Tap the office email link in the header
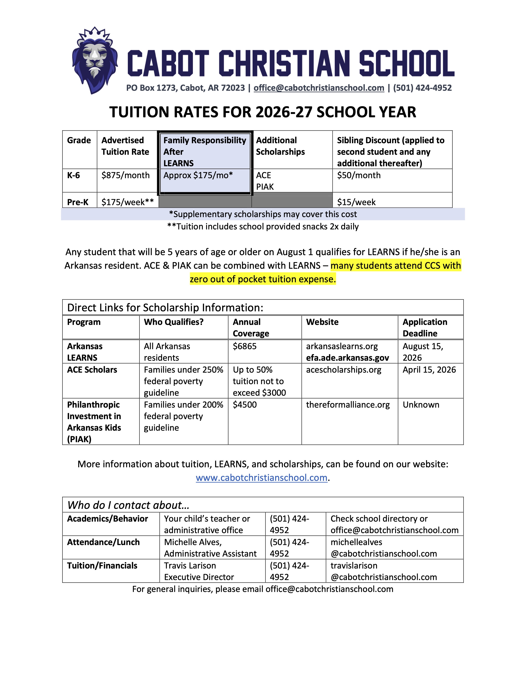click(x=319, y=88)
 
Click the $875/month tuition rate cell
click(x=125, y=175)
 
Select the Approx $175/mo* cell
click(x=198, y=175)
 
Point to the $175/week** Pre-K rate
click(x=127, y=202)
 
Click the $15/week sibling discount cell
click(x=356, y=202)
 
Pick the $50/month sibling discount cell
click(x=359, y=175)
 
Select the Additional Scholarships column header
click(x=280, y=146)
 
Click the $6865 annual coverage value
click(x=245, y=346)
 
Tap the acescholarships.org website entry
click(x=344, y=370)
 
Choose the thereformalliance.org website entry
click(x=348, y=405)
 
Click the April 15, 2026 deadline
click(x=429, y=370)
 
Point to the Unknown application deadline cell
click(x=421, y=405)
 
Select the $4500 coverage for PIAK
click(x=245, y=405)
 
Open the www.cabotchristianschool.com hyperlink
click(x=261, y=478)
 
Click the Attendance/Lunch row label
click(x=103, y=542)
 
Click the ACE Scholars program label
click(x=92, y=370)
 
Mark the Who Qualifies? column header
click(x=174, y=322)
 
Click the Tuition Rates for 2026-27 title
click(x=262, y=112)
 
